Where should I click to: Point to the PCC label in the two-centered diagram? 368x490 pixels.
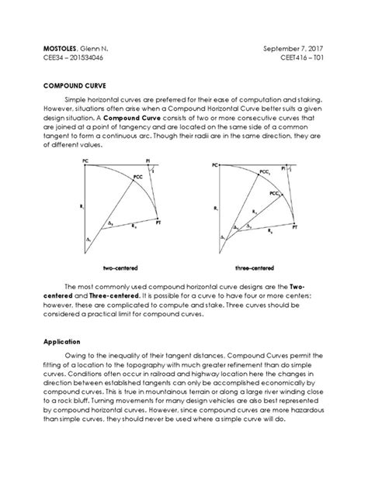pyautogui.click(x=138, y=178)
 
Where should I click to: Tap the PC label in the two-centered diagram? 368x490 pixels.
pyautogui.click(x=83, y=162)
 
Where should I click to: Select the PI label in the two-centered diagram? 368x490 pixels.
pyautogui.click(x=148, y=161)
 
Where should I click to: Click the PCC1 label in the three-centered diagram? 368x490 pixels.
pyautogui.click(x=265, y=171)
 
